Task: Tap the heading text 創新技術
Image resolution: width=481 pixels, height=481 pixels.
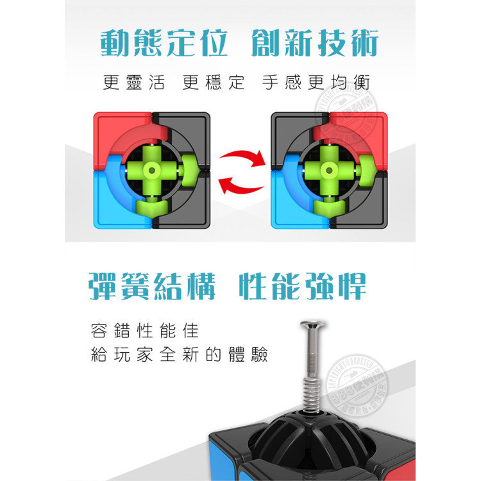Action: point(315,44)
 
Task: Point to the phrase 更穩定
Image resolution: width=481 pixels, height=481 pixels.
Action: point(214,83)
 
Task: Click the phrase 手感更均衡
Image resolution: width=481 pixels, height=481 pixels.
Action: point(316,83)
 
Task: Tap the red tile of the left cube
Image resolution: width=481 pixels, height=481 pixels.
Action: point(115,131)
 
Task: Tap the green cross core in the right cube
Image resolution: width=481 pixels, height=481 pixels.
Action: point(329,171)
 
